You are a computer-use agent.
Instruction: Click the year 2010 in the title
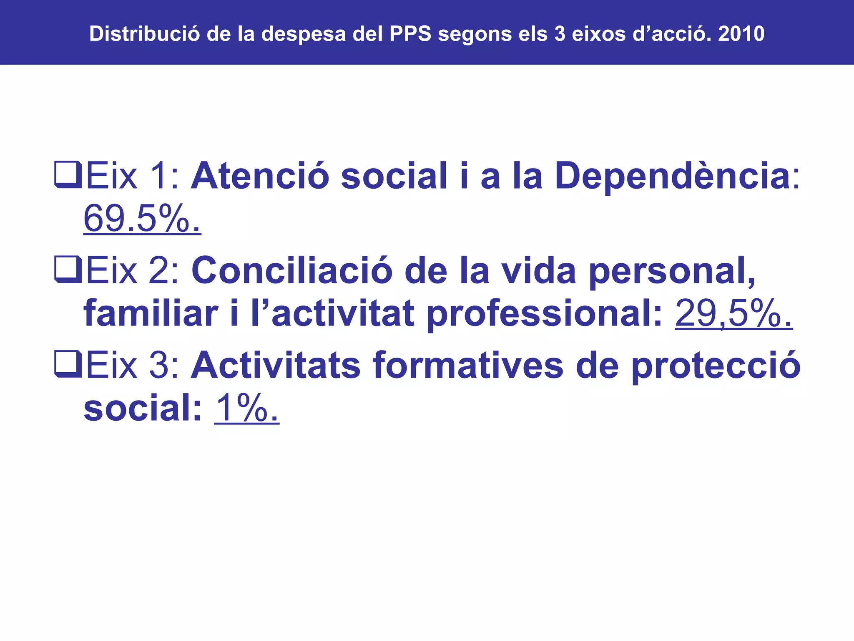point(741,34)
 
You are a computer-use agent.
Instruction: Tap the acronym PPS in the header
point(410,34)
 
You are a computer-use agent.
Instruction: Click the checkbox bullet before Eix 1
point(68,175)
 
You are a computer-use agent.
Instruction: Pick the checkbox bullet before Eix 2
point(68,270)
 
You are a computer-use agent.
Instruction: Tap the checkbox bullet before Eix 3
point(68,364)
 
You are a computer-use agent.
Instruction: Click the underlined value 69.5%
point(142,219)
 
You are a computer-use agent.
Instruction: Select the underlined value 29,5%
point(733,313)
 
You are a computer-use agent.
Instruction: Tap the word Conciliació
point(292,270)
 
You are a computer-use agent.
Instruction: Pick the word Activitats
point(275,366)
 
